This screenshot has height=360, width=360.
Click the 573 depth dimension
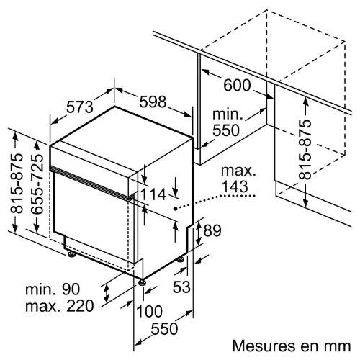(x=80, y=107)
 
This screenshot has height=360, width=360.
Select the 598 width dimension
(x=153, y=102)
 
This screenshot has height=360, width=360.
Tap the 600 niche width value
(x=237, y=85)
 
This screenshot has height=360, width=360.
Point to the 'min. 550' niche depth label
(x=228, y=122)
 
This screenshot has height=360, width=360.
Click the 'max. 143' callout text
(x=238, y=178)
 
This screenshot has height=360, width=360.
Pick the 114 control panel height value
(x=153, y=194)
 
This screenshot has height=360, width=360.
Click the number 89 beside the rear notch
(x=212, y=230)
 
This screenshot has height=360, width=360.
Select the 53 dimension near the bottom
(x=181, y=287)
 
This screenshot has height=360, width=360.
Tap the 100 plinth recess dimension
(x=149, y=311)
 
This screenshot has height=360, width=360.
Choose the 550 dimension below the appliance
(x=165, y=328)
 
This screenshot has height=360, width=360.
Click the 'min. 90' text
(x=53, y=289)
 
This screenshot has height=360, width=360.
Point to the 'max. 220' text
(x=60, y=306)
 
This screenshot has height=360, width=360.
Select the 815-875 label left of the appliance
(x=17, y=183)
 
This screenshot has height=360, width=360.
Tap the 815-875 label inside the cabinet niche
(x=305, y=149)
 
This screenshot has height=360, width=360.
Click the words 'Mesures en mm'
(x=292, y=346)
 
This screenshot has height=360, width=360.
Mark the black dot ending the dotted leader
(x=176, y=209)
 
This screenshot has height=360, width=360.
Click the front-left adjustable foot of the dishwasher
(x=71, y=254)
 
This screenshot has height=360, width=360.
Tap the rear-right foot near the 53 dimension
(x=181, y=259)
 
